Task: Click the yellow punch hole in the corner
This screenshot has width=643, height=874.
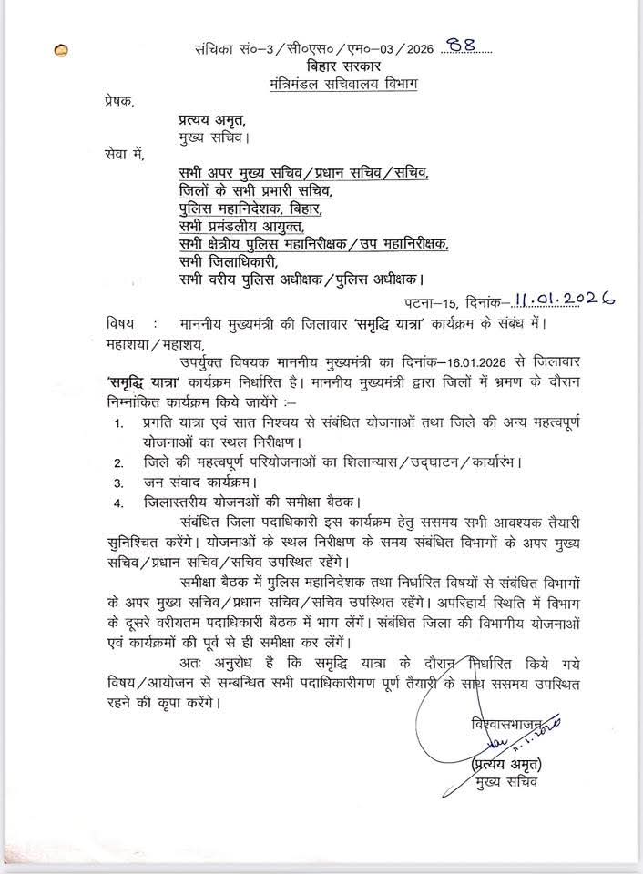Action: tap(62, 52)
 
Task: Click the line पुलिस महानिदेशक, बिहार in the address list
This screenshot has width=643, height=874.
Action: tap(250, 209)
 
